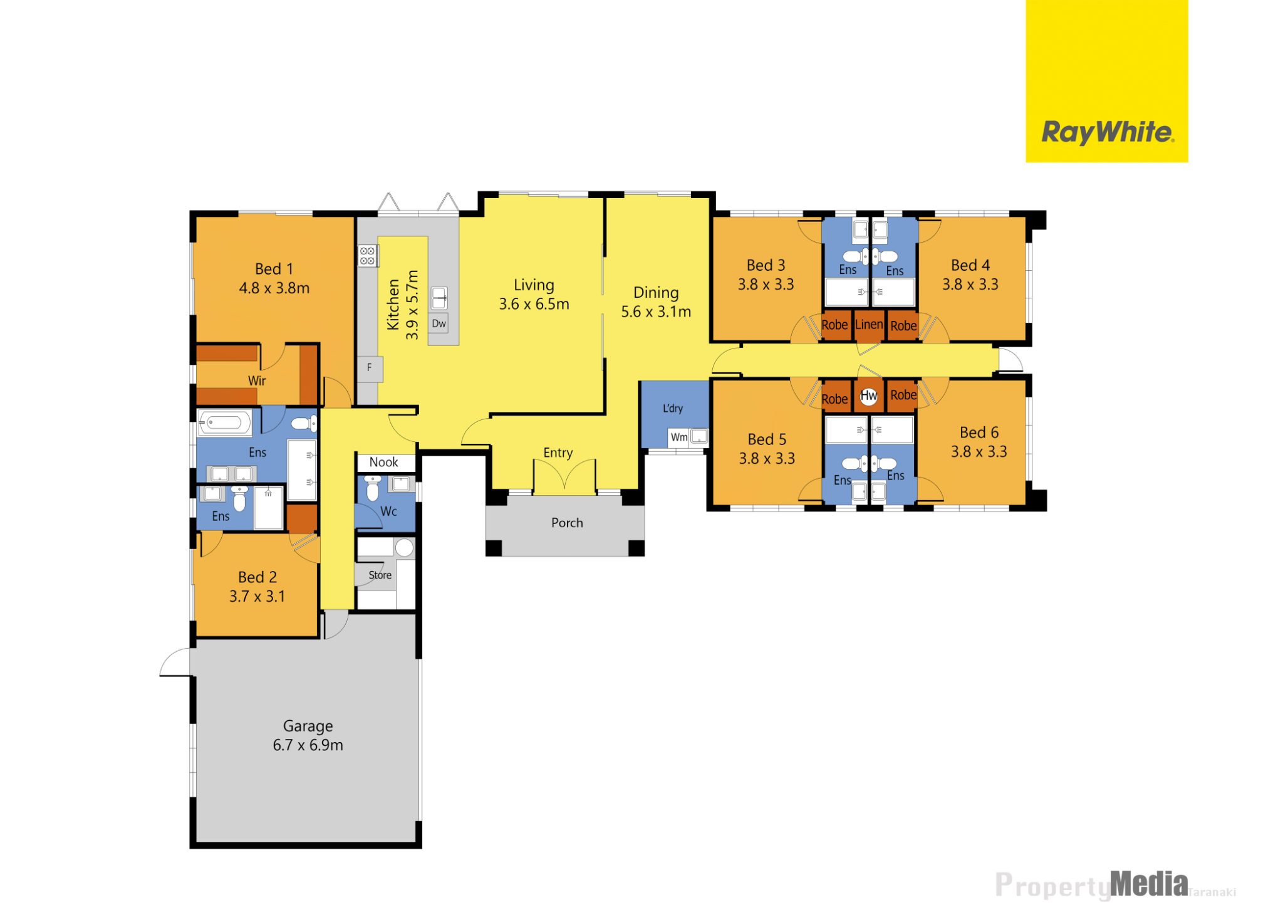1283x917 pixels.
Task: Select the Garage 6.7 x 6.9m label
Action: (x=308, y=735)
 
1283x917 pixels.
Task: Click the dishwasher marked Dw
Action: (x=439, y=323)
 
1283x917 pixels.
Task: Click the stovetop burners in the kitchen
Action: (x=368, y=256)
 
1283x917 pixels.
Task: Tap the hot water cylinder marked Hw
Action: (x=868, y=396)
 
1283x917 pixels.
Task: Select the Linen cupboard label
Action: (x=869, y=324)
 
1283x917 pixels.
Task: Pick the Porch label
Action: (x=567, y=523)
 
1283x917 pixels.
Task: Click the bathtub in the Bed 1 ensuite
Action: (x=225, y=423)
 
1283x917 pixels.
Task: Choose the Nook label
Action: (x=383, y=462)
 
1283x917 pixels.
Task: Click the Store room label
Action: (x=380, y=575)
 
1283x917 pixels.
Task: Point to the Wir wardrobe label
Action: (x=257, y=380)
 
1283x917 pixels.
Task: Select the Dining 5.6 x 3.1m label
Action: (x=656, y=302)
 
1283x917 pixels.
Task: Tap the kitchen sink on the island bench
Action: (x=439, y=298)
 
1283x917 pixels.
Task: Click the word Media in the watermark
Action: (x=1149, y=884)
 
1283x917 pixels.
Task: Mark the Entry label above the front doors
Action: (x=558, y=453)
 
